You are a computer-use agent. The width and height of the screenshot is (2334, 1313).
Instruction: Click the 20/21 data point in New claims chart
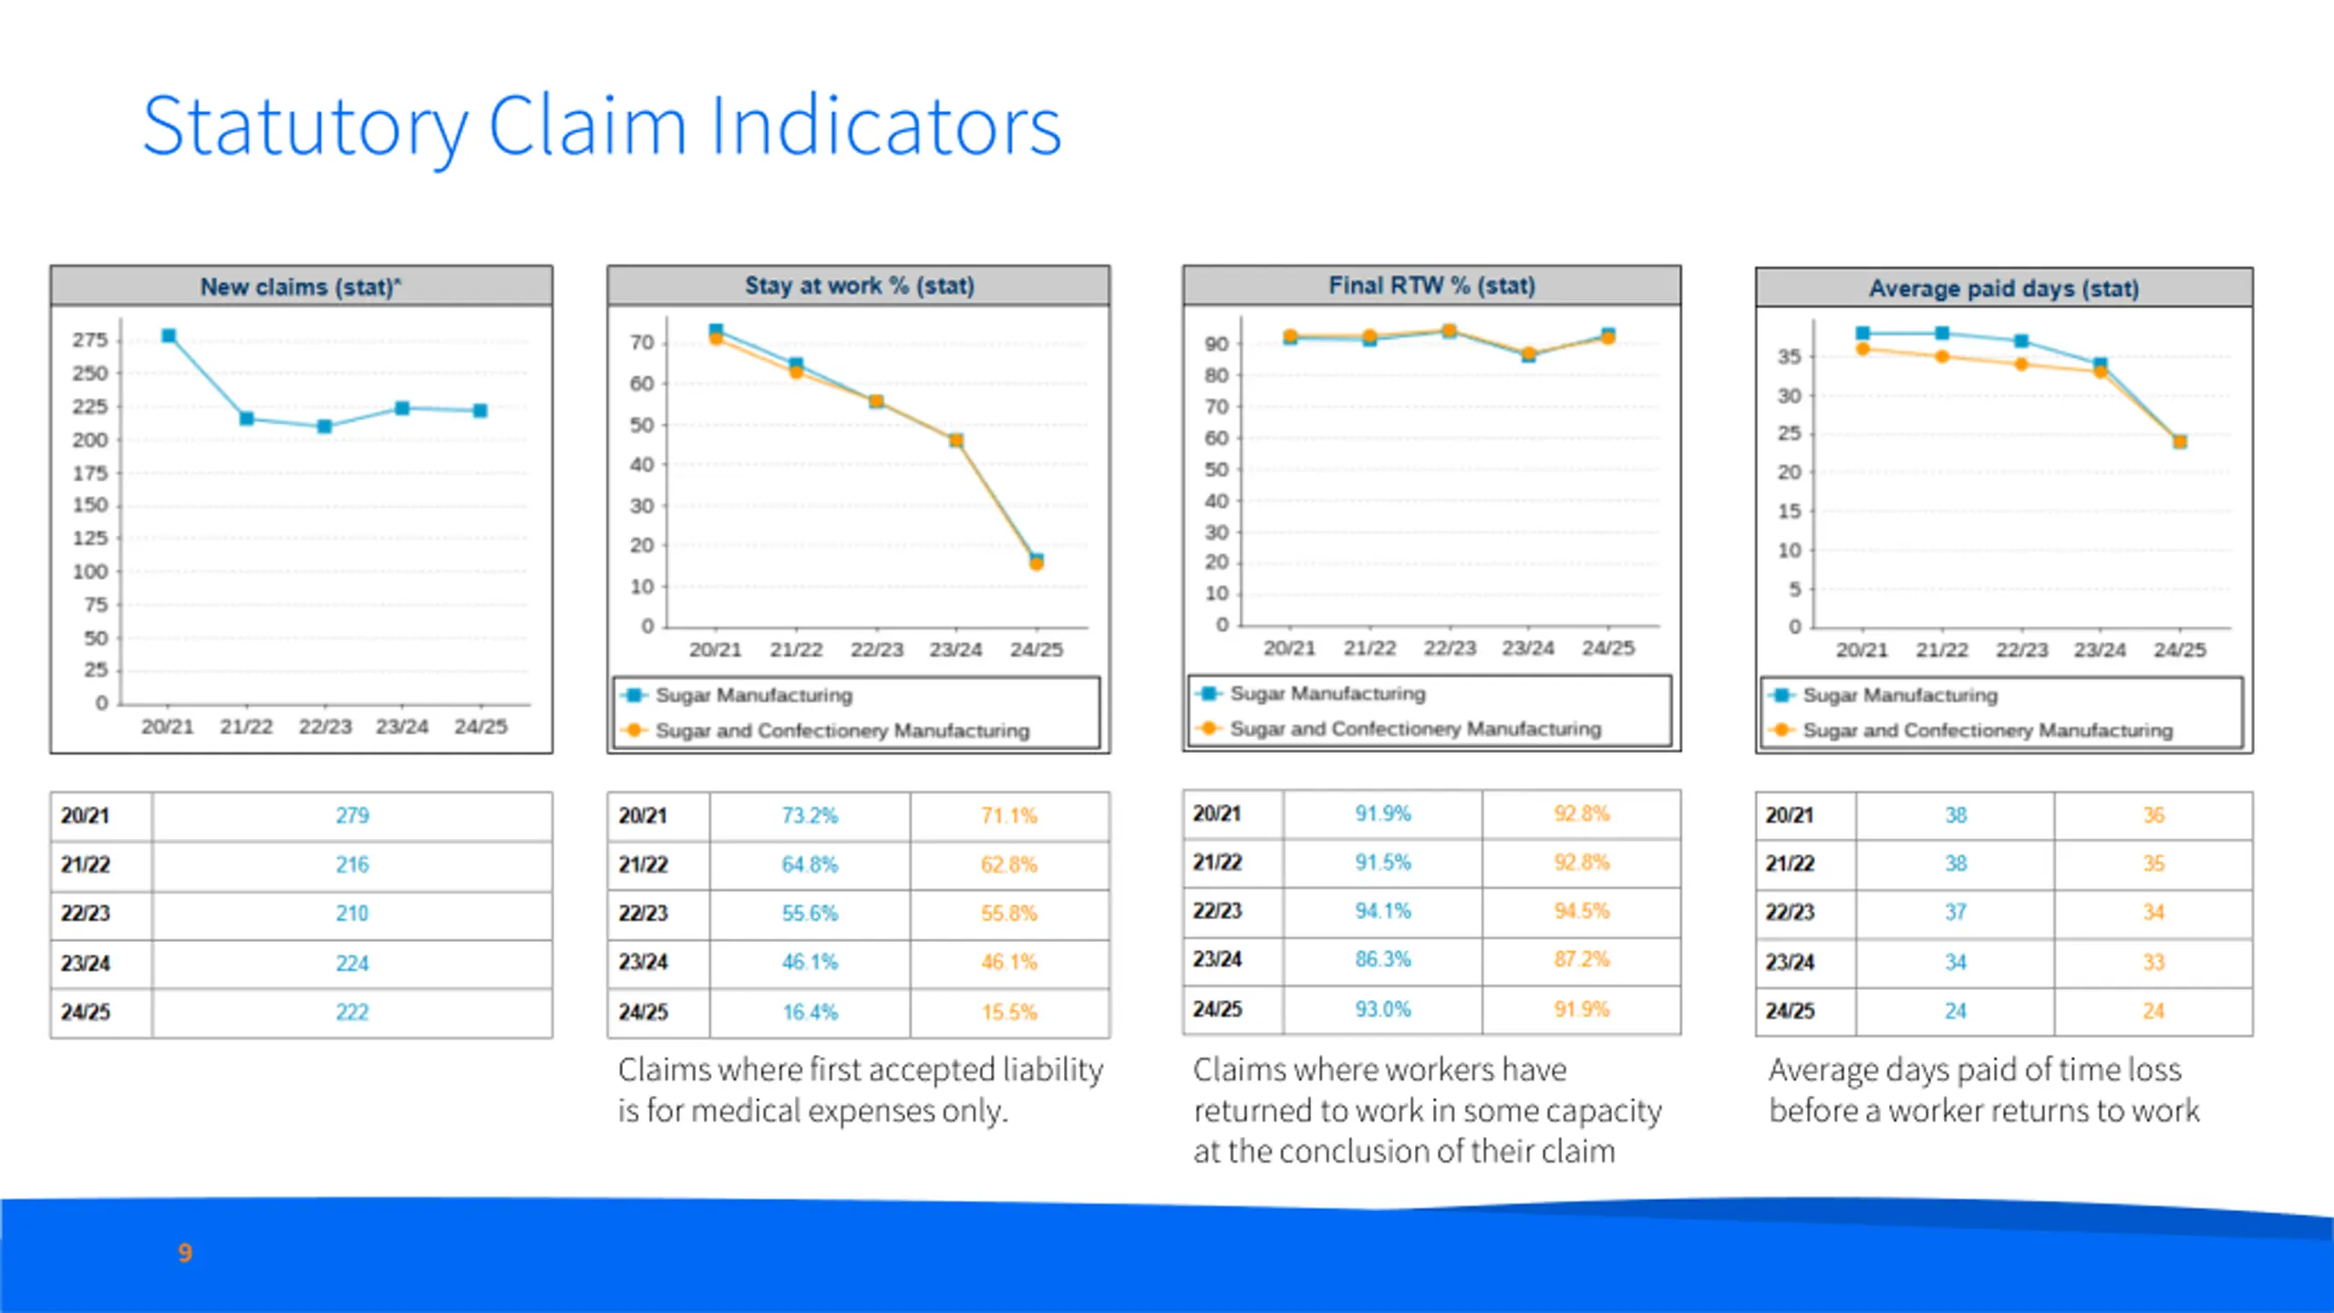point(169,336)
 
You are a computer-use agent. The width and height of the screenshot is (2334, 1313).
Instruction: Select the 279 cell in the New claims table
point(352,815)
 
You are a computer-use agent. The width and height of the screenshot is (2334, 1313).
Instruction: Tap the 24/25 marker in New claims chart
point(480,410)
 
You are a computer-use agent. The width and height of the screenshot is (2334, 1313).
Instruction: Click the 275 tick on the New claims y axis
point(90,340)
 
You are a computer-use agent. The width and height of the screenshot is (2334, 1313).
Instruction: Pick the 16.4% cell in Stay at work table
point(810,1012)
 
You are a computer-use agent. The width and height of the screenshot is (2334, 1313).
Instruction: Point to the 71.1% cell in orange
point(1008,815)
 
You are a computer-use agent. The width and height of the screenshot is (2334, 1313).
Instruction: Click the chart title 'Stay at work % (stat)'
point(859,286)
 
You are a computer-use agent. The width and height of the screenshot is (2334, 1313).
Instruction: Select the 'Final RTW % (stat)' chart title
point(1431,286)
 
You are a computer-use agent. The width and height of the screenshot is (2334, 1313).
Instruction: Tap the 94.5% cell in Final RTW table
point(1582,911)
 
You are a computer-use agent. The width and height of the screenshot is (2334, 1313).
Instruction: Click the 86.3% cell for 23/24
point(1382,959)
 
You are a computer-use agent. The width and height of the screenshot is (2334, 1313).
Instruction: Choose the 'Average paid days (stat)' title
point(2004,288)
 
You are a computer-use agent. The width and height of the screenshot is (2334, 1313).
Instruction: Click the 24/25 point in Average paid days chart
point(2180,442)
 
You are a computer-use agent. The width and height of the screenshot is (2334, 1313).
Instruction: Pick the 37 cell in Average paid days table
point(1956,912)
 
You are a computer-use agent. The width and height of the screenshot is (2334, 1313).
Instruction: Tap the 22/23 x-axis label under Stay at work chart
point(876,650)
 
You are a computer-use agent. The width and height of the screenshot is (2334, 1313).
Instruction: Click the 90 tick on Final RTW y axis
point(1216,345)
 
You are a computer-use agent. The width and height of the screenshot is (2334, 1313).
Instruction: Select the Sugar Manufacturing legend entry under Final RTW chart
point(1327,694)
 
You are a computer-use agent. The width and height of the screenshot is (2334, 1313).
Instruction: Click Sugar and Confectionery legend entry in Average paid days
point(1987,730)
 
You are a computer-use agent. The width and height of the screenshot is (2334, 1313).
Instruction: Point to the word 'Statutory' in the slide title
point(305,127)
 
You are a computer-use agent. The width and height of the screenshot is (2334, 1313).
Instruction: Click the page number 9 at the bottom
point(185,1253)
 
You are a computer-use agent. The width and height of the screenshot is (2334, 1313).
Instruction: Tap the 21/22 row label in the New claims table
point(86,864)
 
